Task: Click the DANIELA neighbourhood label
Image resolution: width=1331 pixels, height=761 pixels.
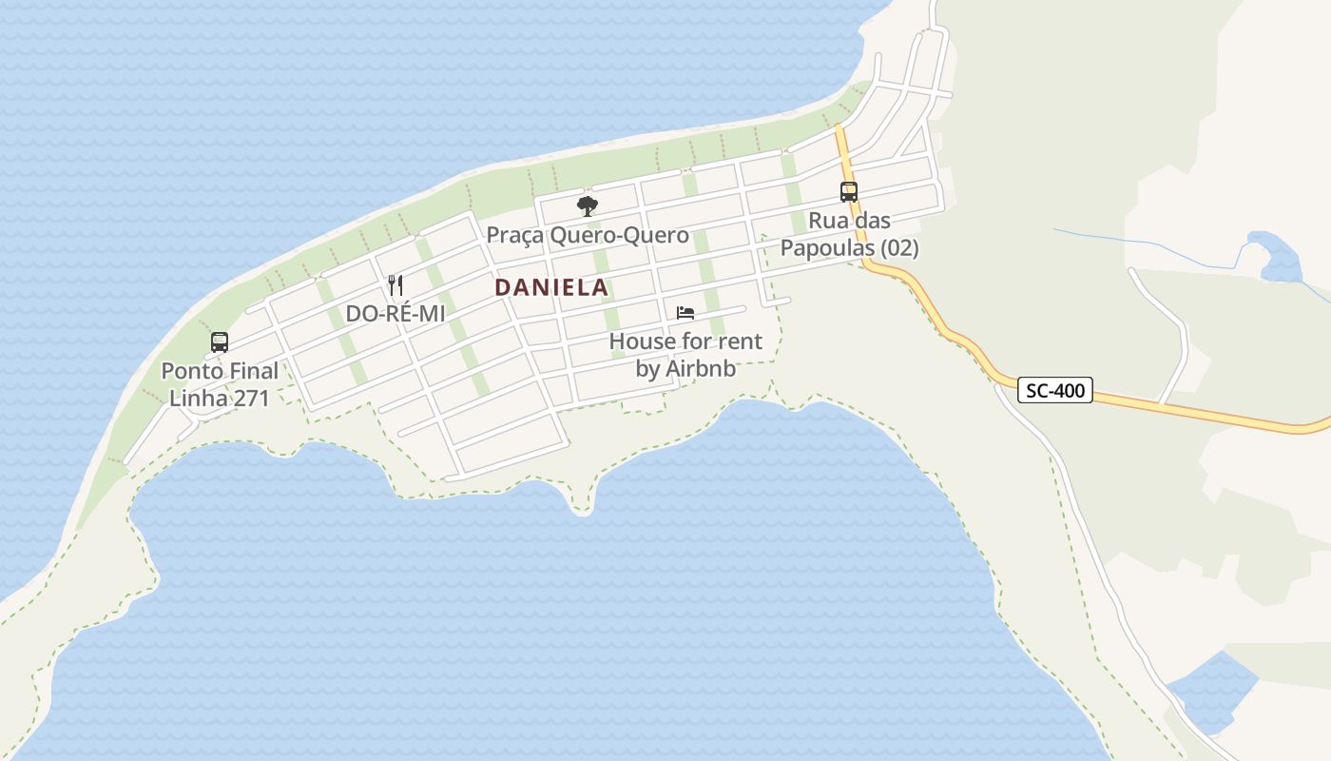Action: (x=551, y=287)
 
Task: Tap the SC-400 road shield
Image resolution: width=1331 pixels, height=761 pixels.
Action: (x=1055, y=390)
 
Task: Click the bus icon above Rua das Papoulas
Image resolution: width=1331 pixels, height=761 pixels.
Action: (x=849, y=192)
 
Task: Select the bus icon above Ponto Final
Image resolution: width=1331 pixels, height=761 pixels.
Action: (x=220, y=342)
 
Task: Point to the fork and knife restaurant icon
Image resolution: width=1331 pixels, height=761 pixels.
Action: (x=395, y=284)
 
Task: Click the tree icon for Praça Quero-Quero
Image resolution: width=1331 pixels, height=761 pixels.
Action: (x=588, y=205)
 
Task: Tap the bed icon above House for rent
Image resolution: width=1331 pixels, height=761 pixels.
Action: (x=685, y=312)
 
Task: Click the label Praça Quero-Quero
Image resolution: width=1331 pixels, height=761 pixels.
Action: (x=588, y=235)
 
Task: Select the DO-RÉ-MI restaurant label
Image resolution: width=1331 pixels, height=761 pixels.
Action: (x=395, y=313)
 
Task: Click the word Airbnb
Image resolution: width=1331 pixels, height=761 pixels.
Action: (x=700, y=369)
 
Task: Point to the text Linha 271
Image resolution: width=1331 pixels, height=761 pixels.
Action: (x=220, y=398)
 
